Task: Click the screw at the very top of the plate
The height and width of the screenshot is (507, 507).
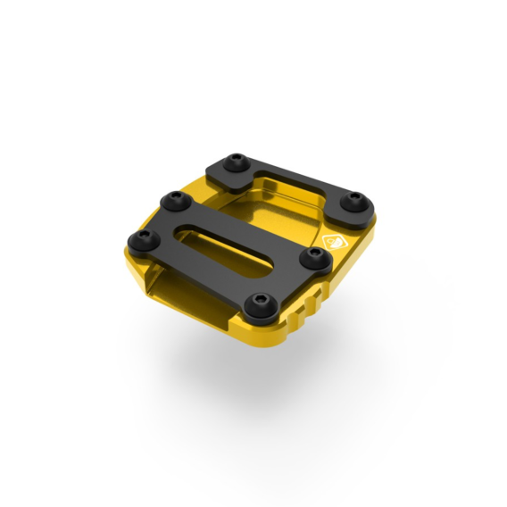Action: (x=236, y=162)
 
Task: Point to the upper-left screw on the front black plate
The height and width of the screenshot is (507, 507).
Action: (x=170, y=197)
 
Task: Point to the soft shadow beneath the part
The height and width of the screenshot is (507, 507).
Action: (x=268, y=366)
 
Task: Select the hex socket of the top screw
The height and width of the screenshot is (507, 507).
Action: (x=236, y=161)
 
